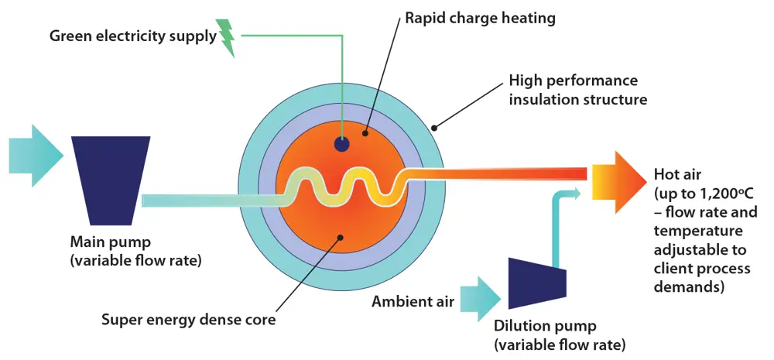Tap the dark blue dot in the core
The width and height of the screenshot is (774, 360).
click(341, 144)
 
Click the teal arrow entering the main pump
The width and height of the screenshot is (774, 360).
click(36, 155)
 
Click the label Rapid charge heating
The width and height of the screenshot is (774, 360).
click(480, 18)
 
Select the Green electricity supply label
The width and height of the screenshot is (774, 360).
click(133, 36)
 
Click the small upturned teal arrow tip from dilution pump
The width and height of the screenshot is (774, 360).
click(574, 192)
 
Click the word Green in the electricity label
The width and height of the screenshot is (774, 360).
click(68, 36)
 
